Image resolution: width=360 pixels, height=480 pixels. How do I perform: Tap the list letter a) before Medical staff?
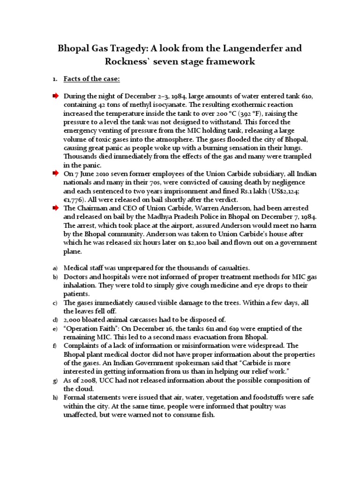[x=55, y=268]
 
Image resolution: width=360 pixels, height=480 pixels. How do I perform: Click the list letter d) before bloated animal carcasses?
[x=55, y=320]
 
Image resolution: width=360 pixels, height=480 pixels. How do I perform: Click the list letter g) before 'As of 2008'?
[x=55, y=380]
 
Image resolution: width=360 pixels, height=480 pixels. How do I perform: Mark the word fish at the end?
[x=207, y=415]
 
